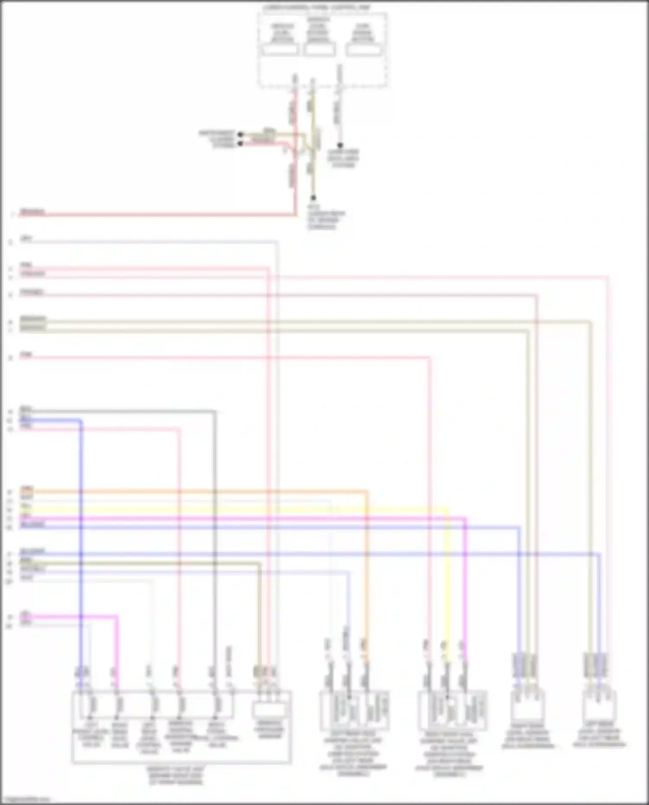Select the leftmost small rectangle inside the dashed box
point(280,50)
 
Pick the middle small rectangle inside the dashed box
point(319,50)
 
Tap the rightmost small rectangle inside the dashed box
point(363,50)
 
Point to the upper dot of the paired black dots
point(241,135)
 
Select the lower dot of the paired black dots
point(241,143)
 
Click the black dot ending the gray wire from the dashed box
point(340,146)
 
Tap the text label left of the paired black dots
point(217,139)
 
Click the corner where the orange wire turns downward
point(367,491)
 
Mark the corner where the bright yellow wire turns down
point(447,510)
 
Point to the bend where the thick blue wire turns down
point(81,420)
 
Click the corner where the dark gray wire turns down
point(215,411)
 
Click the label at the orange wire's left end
point(26,489)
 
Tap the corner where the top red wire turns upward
point(296,214)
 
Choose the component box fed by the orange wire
point(354,710)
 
